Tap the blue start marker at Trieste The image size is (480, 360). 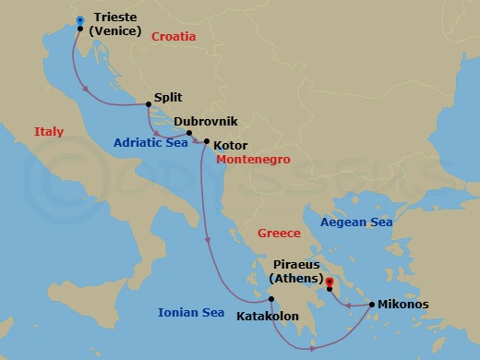pos(81,19)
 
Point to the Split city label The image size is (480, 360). pos(167,97)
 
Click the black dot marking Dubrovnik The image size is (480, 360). pos(189,134)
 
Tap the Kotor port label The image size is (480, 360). pos(229,145)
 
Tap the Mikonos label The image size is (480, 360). pos(404,304)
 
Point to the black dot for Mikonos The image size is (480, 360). pos(371,304)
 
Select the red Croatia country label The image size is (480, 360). pos(174,37)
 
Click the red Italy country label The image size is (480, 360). pos(49,132)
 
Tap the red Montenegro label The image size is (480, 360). pos(253,160)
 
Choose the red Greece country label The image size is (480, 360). pos(280,234)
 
